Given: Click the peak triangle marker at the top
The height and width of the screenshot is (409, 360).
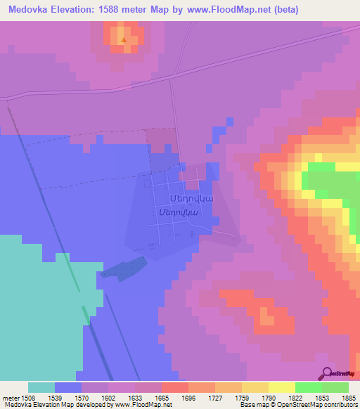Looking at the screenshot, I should pyautogui.click(x=124, y=40).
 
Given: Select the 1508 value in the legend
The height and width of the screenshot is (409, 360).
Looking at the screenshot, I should pyautogui.click(x=28, y=397).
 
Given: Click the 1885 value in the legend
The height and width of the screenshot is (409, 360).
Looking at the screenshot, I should pyautogui.click(x=348, y=397).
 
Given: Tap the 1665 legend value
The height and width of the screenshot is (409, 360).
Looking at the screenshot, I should pyautogui.click(x=161, y=397).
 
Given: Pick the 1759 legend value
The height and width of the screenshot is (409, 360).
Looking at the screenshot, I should pyautogui.click(x=241, y=397).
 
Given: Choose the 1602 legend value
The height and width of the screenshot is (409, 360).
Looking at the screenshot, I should pyautogui.click(x=108, y=397).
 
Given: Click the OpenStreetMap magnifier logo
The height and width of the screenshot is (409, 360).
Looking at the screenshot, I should pyautogui.click(x=327, y=373).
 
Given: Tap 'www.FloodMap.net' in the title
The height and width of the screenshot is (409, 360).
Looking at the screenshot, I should pyautogui.click(x=230, y=10).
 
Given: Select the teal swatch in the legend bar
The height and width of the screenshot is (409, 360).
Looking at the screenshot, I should pyautogui.click(x=41, y=387).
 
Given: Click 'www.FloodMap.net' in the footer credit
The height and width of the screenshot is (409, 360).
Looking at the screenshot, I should pyautogui.click(x=143, y=405).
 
